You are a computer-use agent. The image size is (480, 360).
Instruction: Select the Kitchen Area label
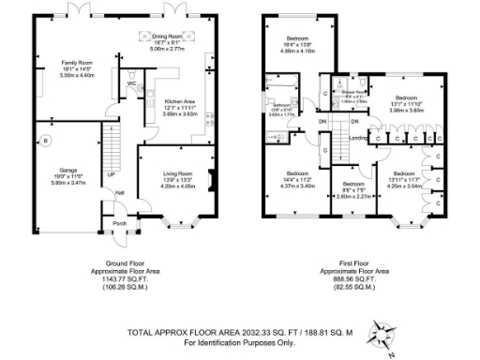pyautogui.click(x=179, y=100)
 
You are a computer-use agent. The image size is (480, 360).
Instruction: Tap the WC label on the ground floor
pyautogui.click(x=132, y=83)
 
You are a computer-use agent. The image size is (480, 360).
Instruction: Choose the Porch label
pyautogui.click(x=119, y=223)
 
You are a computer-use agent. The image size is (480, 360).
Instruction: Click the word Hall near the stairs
pyautogui.click(x=120, y=193)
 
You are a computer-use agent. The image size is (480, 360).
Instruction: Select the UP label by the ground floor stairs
pyautogui.click(x=112, y=175)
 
